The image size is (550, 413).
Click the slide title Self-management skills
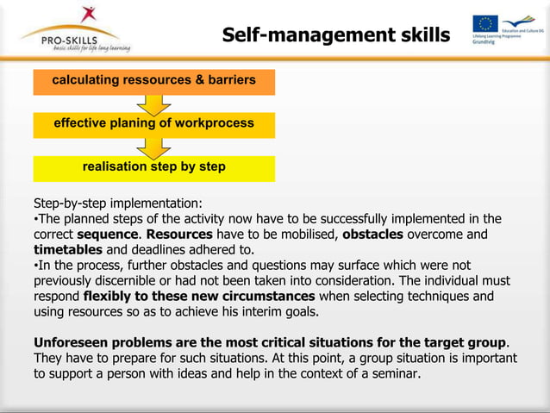tap(335, 34)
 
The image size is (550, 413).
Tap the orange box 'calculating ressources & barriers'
tap(153, 80)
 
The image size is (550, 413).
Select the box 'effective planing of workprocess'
tap(153, 123)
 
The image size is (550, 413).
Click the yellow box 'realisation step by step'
tap(153, 167)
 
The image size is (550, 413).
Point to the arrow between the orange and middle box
tap(153, 103)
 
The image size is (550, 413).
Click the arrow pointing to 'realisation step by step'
tap(153, 147)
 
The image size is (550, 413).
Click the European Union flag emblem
tap(484, 24)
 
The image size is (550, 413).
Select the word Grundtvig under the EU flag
tap(484, 43)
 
